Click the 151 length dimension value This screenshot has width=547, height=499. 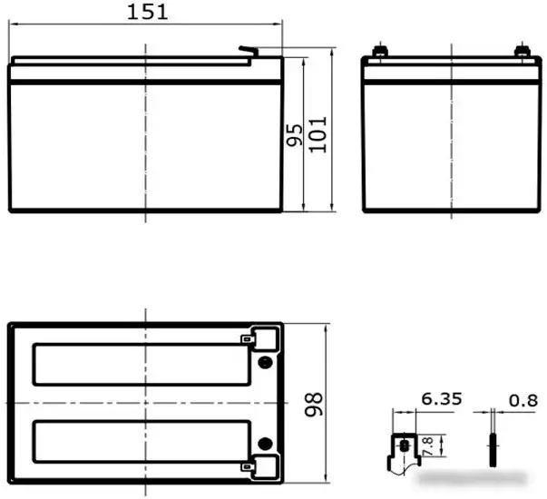click(147, 12)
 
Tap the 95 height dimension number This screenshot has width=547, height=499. click(295, 134)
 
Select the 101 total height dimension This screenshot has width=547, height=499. click(317, 134)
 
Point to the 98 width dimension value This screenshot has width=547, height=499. click(313, 405)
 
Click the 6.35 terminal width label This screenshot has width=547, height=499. click(442, 399)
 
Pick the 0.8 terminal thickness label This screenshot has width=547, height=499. click(523, 401)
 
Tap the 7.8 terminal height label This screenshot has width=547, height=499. click(427, 446)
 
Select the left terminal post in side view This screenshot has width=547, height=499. click(380, 51)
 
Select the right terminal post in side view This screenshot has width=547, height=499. click(523, 51)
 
